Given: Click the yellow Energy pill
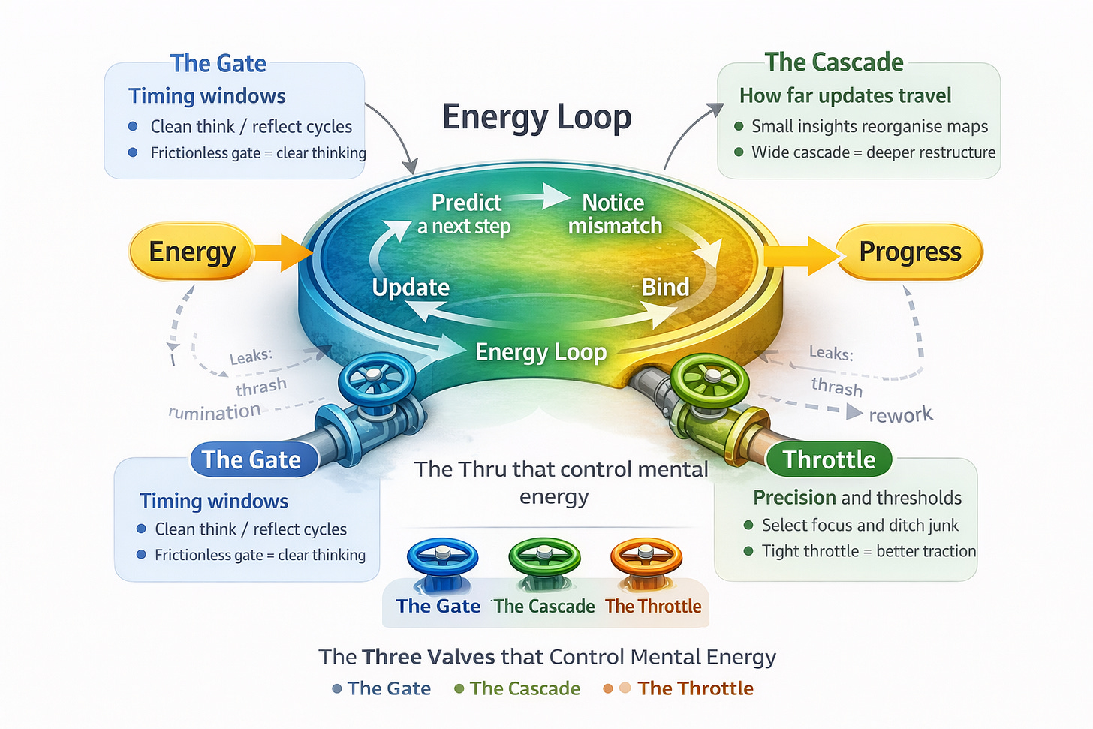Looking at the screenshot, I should [x=191, y=252].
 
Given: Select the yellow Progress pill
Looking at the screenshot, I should [x=909, y=252].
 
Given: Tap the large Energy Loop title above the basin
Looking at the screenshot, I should [x=537, y=118].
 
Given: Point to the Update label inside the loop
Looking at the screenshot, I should [x=411, y=288].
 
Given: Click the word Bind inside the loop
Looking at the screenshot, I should [x=665, y=287].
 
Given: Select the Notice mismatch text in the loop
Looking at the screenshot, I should [x=614, y=214].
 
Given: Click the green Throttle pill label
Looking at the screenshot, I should [x=829, y=459].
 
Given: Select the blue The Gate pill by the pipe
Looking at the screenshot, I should [x=251, y=459].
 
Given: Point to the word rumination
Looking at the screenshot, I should [x=215, y=412].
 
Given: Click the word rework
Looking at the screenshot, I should [x=900, y=414].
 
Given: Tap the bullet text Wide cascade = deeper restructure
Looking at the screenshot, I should [x=873, y=152].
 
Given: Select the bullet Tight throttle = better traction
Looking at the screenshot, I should [x=869, y=551].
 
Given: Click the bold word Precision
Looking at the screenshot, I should [x=794, y=498].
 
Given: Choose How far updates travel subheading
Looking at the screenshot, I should [x=845, y=95].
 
